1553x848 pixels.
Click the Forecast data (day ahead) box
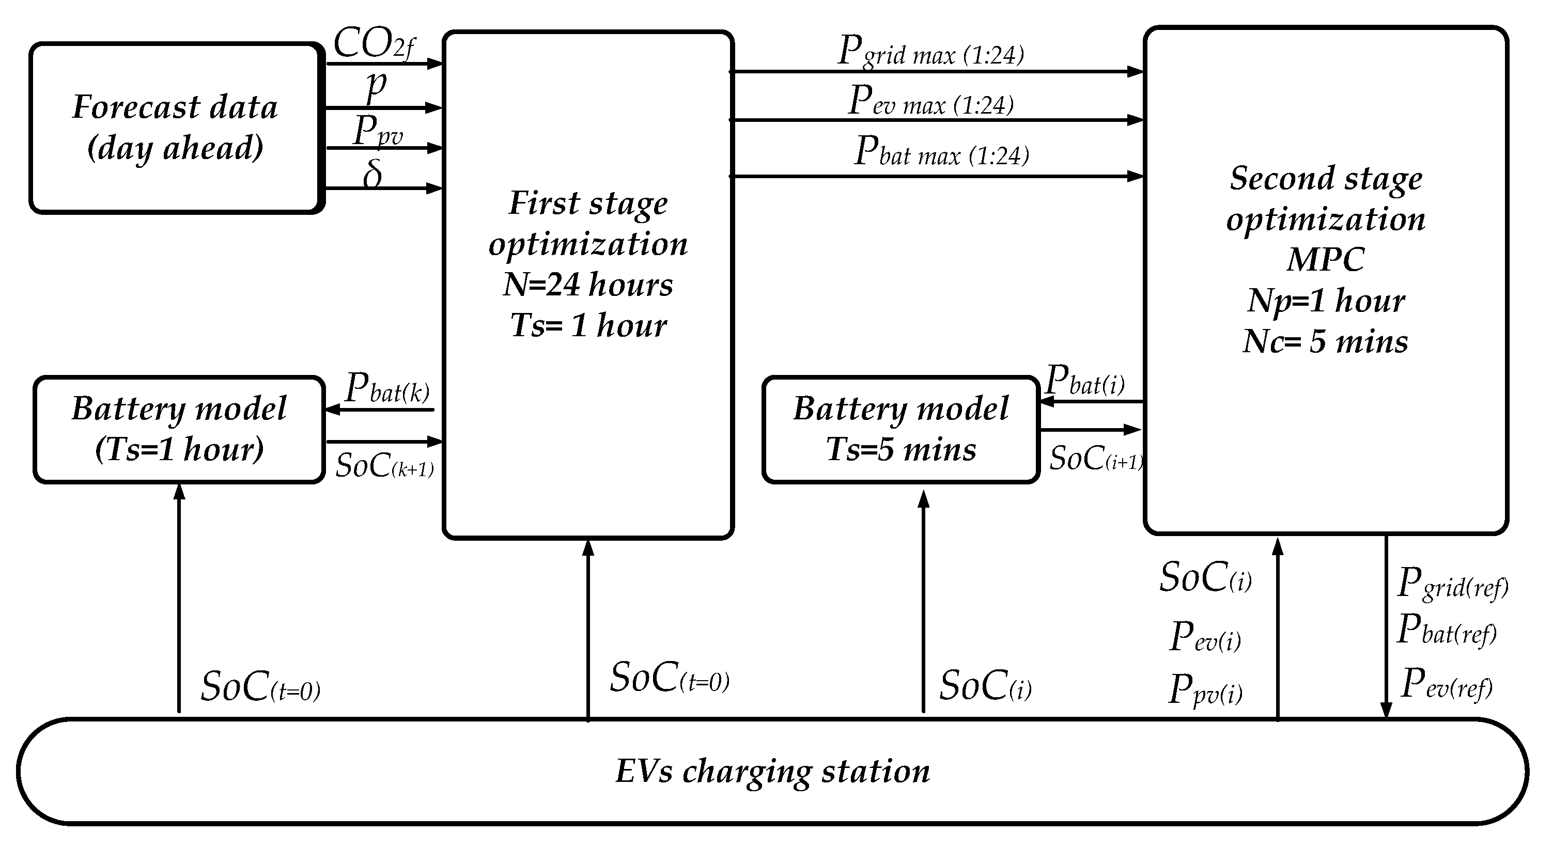click(174, 128)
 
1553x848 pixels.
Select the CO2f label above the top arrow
click(374, 44)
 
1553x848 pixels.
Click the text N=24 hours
click(588, 285)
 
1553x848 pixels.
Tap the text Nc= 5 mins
click(1325, 342)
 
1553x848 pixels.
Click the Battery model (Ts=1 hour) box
click(179, 429)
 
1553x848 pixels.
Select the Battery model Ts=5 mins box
click(900, 429)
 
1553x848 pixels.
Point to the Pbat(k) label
click(387, 389)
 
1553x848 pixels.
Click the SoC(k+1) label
click(384, 465)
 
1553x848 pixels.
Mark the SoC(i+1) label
click(1096, 459)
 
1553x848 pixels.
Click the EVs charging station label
click(772, 772)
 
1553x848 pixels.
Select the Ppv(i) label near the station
click(1205, 690)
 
